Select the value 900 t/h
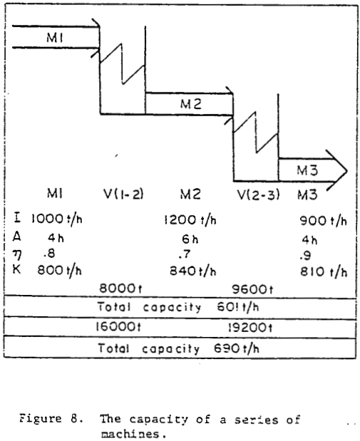tap(323, 222)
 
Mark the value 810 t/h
tap(323, 272)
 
